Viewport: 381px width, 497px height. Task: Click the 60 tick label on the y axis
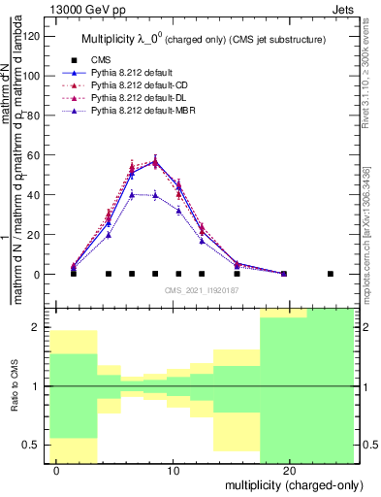tap(35, 155)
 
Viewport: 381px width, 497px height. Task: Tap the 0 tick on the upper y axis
tap(38, 275)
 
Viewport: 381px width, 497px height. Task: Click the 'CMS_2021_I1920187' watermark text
tap(201, 289)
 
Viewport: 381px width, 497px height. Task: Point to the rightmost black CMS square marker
tap(330, 274)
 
